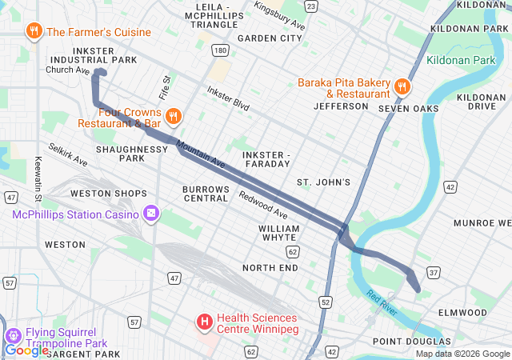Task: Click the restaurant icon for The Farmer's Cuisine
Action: click(x=34, y=32)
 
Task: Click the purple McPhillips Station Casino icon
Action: click(x=150, y=214)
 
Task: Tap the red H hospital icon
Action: click(x=205, y=322)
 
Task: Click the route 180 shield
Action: click(x=220, y=50)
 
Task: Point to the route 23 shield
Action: click(x=310, y=6)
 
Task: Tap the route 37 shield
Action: click(x=434, y=274)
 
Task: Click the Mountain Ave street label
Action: click(x=201, y=154)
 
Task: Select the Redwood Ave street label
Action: click(x=263, y=205)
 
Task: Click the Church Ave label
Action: click(x=68, y=70)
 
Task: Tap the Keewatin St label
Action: click(x=38, y=178)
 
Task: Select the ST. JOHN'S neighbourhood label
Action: click(x=323, y=182)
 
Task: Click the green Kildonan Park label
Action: click(x=462, y=60)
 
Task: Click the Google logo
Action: click(x=26, y=350)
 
